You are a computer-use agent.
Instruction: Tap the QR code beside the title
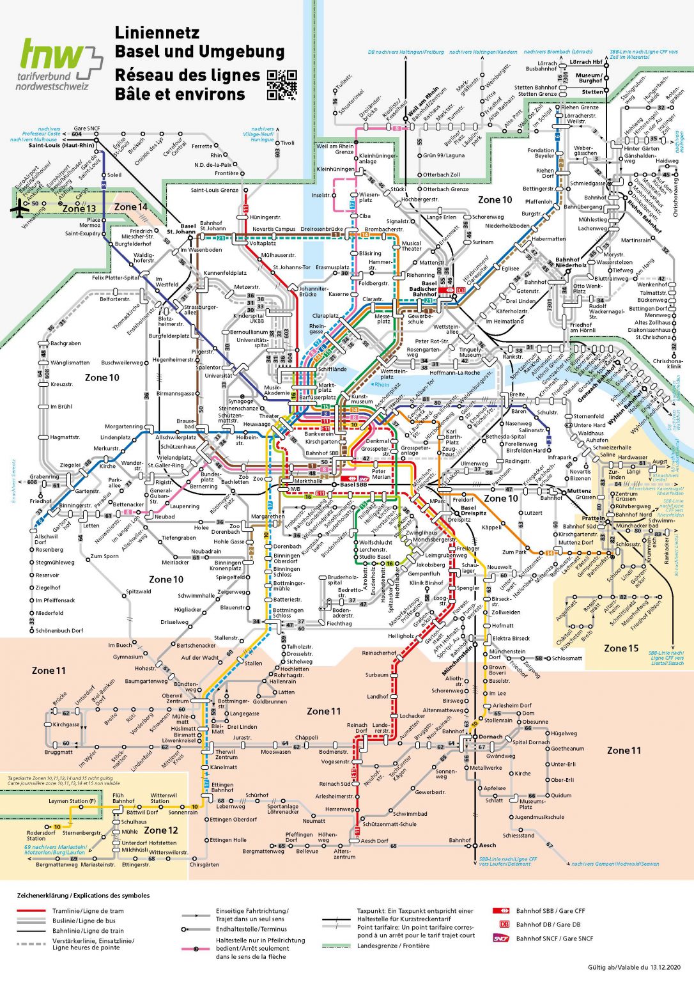point(282,84)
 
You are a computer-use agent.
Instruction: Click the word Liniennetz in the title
point(157,33)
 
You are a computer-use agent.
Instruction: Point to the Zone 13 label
point(79,208)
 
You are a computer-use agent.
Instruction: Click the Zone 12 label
point(161,830)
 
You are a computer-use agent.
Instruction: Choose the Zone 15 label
point(621,648)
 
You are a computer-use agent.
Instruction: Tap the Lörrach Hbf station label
point(586,62)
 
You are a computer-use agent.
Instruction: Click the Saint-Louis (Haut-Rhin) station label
point(61,145)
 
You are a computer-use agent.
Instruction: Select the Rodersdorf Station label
point(41,836)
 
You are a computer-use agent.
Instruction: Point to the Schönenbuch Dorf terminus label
point(59,630)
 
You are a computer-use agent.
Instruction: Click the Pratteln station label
point(593,518)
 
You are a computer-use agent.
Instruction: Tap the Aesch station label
point(488,845)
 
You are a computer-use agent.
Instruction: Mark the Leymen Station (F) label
point(72,801)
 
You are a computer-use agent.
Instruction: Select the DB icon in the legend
point(504,924)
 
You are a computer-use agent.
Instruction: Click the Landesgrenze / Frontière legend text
point(393,946)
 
